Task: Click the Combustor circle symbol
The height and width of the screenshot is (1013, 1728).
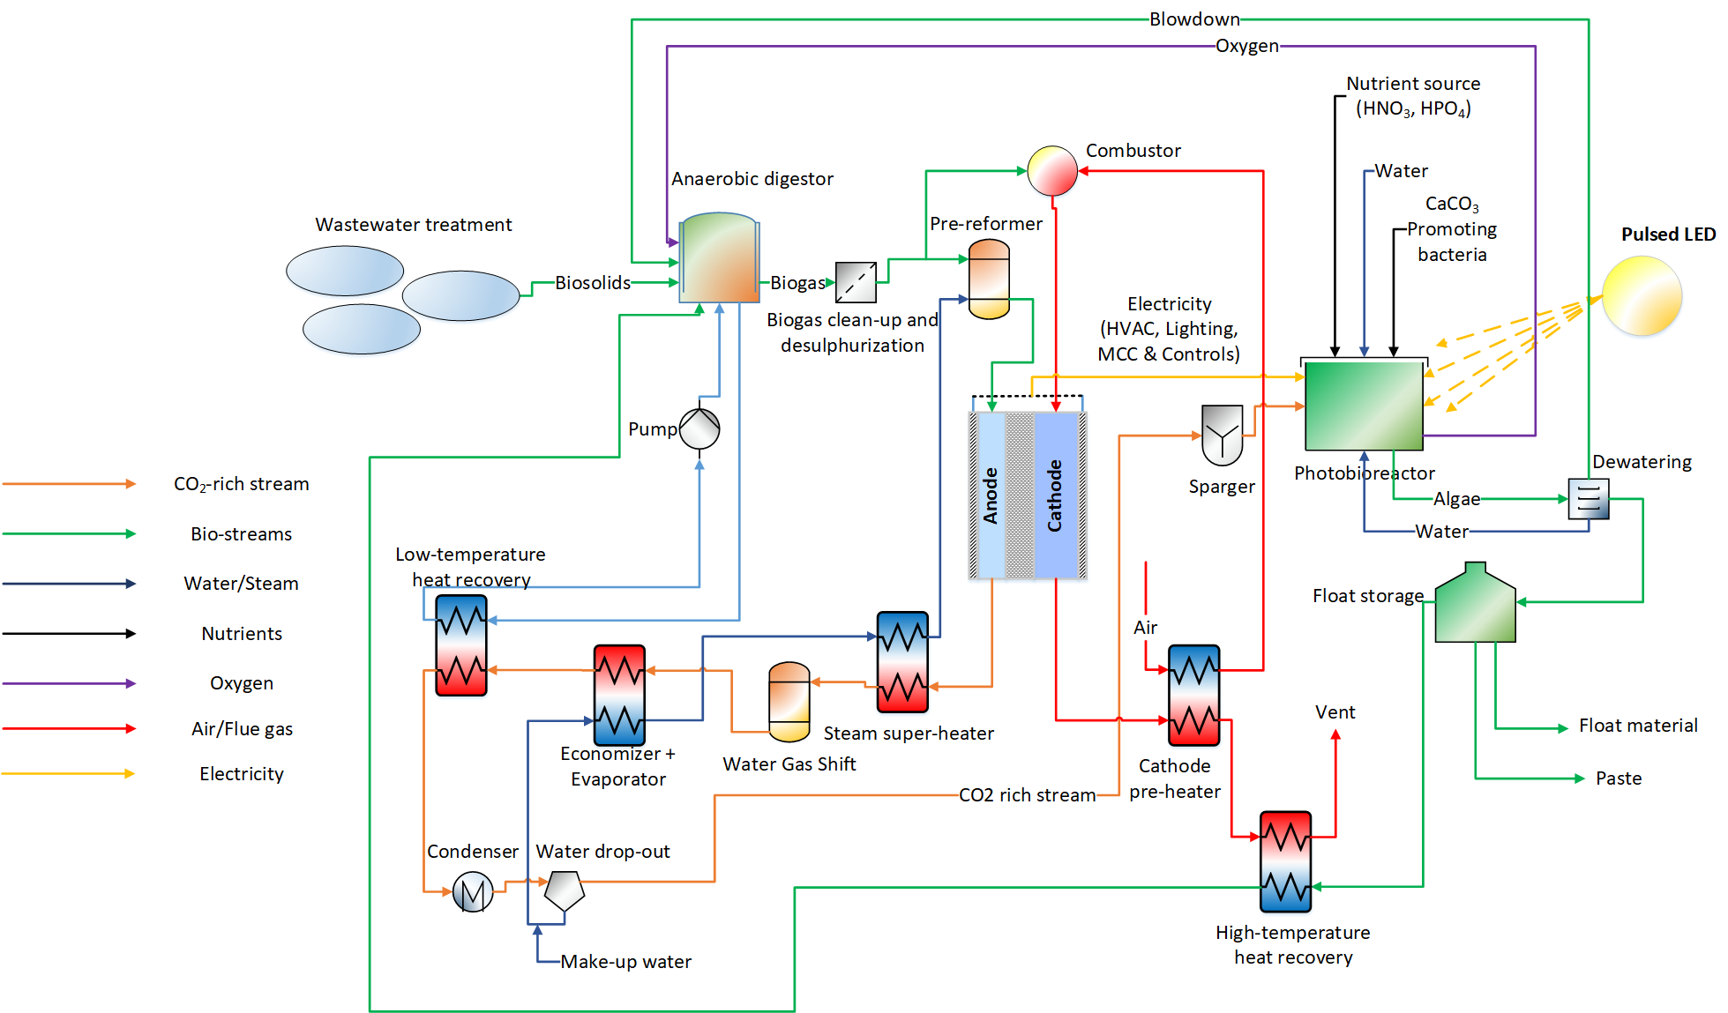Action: click(x=1052, y=170)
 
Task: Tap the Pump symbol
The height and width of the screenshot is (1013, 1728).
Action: click(x=699, y=429)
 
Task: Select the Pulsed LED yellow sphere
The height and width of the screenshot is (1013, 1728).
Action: click(x=1642, y=296)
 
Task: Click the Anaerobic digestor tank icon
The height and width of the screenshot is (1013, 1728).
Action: click(x=719, y=258)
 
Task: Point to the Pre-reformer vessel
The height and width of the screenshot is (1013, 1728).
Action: click(x=989, y=279)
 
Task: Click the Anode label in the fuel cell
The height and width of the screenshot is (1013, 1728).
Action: click(x=991, y=495)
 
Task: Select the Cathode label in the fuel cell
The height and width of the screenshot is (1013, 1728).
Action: click(x=1055, y=495)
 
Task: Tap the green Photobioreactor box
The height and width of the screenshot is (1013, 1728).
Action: click(x=1364, y=406)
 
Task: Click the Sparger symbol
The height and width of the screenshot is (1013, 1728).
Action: click(x=1222, y=435)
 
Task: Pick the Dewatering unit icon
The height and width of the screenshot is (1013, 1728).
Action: click(x=1588, y=499)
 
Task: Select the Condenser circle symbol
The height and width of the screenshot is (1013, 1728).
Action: click(x=473, y=892)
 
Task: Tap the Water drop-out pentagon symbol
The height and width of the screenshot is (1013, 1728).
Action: click(x=564, y=890)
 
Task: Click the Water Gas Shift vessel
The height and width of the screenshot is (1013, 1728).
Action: click(x=789, y=702)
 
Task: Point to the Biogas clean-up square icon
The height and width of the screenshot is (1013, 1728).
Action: click(x=856, y=282)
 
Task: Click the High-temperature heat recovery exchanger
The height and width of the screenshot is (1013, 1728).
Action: click(x=1285, y=861)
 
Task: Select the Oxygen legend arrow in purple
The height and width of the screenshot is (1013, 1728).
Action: click(x=69, y=683)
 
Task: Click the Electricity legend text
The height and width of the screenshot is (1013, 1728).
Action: click(x=242, y=774)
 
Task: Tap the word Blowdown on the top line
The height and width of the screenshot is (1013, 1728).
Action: click(x=1193, y=19)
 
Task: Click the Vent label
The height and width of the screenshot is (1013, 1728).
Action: click(x=1335, y=712)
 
